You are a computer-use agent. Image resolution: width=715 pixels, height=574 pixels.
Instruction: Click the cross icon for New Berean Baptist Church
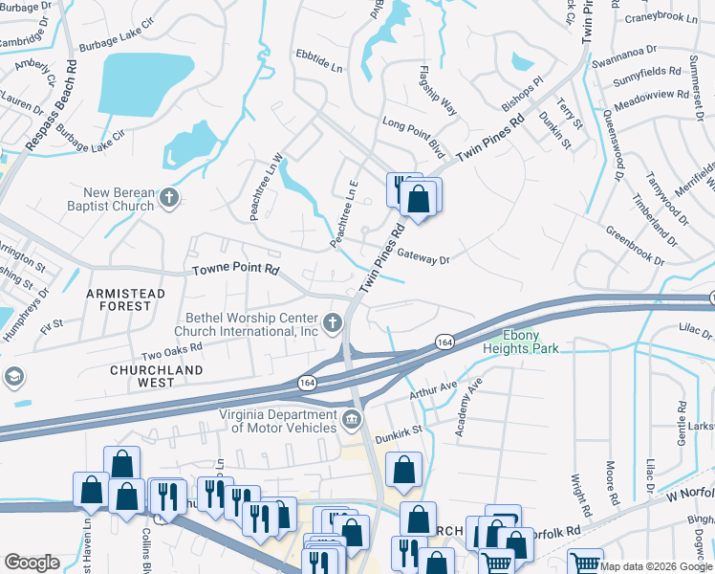(x=169, y=198)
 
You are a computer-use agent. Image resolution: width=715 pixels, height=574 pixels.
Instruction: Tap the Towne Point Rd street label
(x=236, y=271)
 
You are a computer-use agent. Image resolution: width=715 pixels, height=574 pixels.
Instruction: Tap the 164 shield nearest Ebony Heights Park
(x=444, y=341)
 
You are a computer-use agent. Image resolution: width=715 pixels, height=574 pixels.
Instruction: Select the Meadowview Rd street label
(x=654, y=95)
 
